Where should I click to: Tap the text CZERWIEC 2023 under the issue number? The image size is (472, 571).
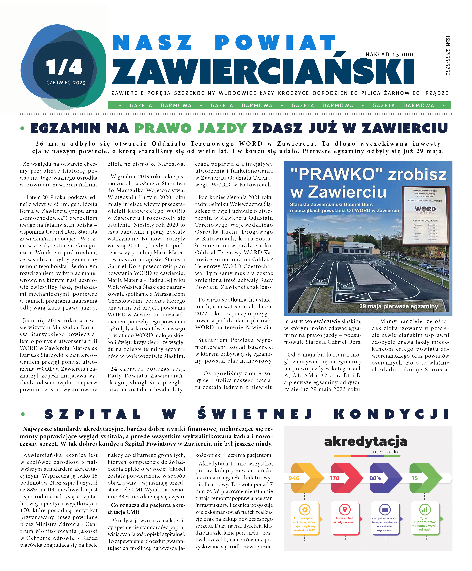tap(66, 83)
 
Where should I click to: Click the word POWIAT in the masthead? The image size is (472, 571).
tap(275, 43)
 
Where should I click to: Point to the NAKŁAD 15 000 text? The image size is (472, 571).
tap(389, 55)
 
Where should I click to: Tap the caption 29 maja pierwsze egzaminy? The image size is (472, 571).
tap(399, 306)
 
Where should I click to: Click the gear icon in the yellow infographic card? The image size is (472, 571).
tap(305, 510)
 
